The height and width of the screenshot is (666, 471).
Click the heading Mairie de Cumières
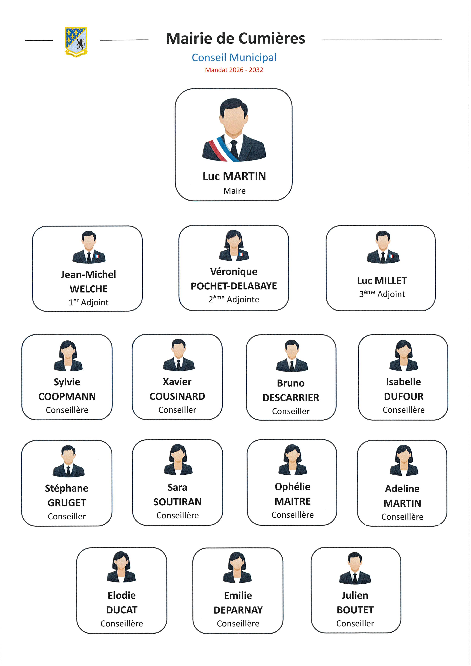(x=235, y=38)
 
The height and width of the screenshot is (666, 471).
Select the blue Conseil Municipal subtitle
(x=234, y=58)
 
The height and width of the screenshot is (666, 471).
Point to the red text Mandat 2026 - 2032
(x=234, y=70)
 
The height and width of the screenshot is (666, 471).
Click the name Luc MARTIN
(x=234, y=176)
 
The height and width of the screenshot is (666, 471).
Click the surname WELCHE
(x=89, y=289)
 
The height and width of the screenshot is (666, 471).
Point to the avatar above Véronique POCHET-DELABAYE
(x=234, y=245)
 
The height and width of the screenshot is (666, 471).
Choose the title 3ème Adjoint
(x=382, y=294)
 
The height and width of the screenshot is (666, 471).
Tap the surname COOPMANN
(x=67, y=397)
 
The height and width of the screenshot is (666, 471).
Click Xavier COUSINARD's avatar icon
(x=179, y=355)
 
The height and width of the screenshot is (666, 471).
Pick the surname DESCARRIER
(x=291, y=398)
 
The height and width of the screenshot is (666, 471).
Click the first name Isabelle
(x=403, y=382)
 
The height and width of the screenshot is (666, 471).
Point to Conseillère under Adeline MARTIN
(x=402, y=517)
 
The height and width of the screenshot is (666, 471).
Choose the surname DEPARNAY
(x=238, y=610)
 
